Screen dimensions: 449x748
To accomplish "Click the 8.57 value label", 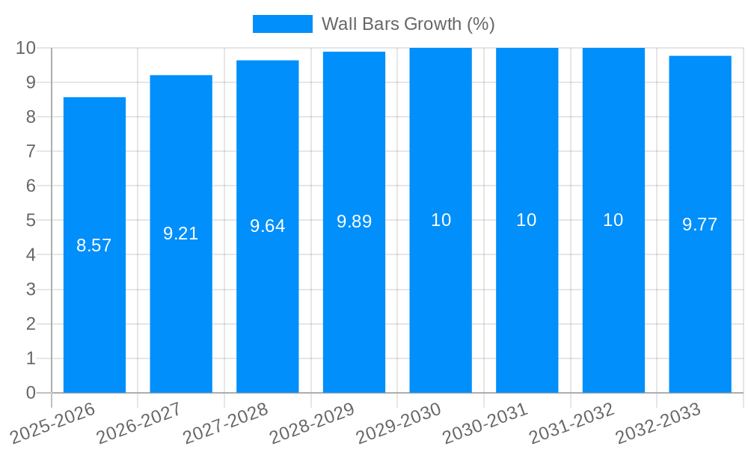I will point(94,245).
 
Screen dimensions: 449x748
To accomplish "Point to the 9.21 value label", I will point(181,233).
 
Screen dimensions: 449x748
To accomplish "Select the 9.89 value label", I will point(354,222).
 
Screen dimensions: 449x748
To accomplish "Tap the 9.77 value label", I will point(699,224).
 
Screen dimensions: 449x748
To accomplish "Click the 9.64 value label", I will point(268,226).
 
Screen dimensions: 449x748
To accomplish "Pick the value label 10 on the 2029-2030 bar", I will point(441,220).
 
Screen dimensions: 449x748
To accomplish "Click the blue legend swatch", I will point(282,24).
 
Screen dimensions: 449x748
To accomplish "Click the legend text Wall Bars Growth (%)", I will point(408,24).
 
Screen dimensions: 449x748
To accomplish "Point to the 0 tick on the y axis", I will point(31,393).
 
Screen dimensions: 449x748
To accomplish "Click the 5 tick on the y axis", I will point(31,220).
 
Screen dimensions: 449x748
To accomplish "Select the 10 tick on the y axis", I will point(26,48).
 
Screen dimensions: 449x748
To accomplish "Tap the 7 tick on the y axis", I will point(31,151).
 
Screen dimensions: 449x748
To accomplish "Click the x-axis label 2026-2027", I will point(139,423).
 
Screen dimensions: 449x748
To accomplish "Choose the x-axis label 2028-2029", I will point(312,423).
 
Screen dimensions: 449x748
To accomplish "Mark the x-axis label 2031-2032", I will point(572,423).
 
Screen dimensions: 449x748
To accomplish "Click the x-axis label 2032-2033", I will point(658,423).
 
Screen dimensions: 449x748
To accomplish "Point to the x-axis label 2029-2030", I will point(399,423).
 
